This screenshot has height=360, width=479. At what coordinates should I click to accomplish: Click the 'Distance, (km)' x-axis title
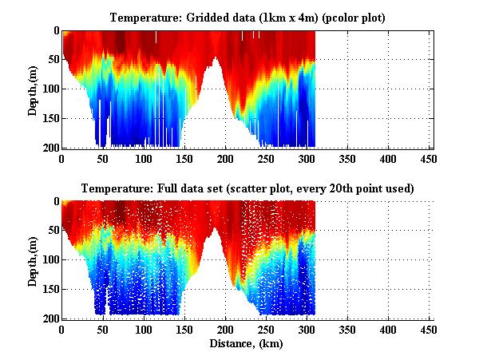coord(247,345)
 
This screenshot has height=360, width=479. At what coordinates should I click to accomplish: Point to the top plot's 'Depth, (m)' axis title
coord(33,89)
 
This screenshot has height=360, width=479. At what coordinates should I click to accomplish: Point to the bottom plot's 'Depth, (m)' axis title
coord(33,260)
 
